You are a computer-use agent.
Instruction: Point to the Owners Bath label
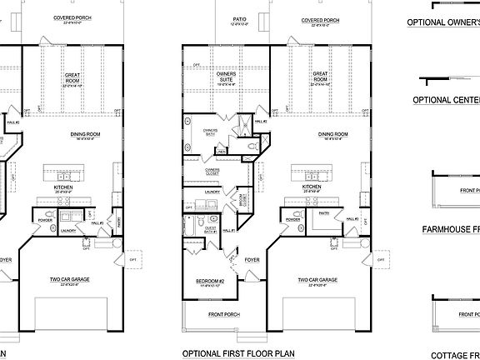pos(210,132)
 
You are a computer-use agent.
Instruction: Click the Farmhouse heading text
pos(451,228)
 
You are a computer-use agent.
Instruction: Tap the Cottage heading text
pos(454,353)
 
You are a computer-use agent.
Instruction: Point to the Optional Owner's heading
pos(443,23)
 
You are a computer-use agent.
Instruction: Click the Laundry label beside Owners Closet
pos(213,192)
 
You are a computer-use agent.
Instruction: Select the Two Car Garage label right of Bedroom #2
pos(318,281)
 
